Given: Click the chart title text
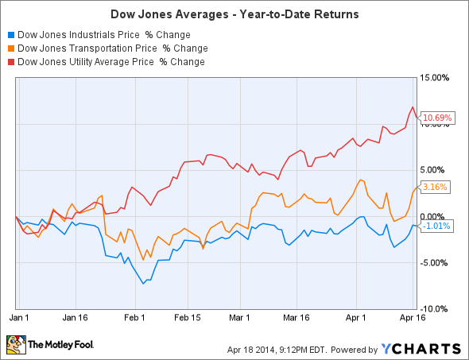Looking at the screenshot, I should coord(234,14).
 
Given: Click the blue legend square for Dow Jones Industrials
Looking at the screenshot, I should coord(10,35).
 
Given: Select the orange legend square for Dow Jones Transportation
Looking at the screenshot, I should coord(10,48).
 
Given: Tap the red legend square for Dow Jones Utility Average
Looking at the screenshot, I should coord(10,61).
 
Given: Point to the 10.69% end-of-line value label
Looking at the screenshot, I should coord(437,118).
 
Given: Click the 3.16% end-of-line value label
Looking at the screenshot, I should coord(436,188).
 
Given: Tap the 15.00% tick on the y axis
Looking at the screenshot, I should coord(436,78).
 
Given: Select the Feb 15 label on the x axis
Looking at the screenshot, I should coord(188,316).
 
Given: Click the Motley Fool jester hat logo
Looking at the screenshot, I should coord(14,345).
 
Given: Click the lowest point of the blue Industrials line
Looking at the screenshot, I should coord(143,283).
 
